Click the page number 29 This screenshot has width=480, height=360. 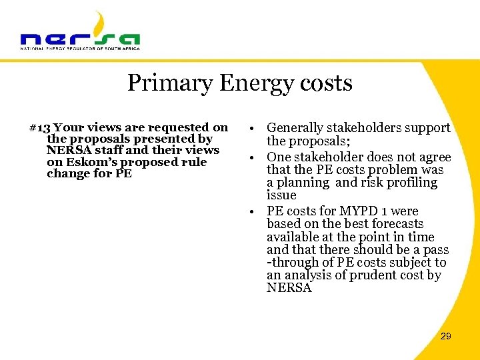coord(446,336)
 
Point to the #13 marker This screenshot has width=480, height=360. coord(40,127)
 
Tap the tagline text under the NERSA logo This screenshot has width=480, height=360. coord(80,49)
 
